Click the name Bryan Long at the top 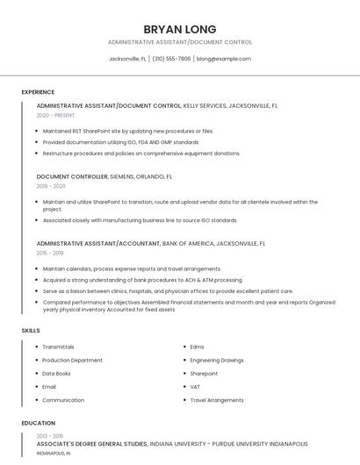click(x=179, y=29)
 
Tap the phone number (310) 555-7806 click(x=171, y=59)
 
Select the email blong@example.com click(x=224, y=59)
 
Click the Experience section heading click(x=38, y=92)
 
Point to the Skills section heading click(x=31, y=330)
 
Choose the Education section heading click(x=38, y=423)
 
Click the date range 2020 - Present click(x=55, y=115)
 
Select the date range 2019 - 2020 click(x=51, y=186)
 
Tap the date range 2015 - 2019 click(x=51, y=253)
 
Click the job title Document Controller click(x=72, y=176)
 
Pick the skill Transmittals click(x=58, y=347)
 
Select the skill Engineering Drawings click(x=217, y=360)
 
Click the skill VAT click(x=195, y=386)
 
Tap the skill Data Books click(x=56, y=373)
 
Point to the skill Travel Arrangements click(x=217, y=400)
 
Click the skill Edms click(x=197, y=347)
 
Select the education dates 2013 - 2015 click(x=50, y=436)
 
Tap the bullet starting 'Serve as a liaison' click(x=168, y=290)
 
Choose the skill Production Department click(x=72, y=360)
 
